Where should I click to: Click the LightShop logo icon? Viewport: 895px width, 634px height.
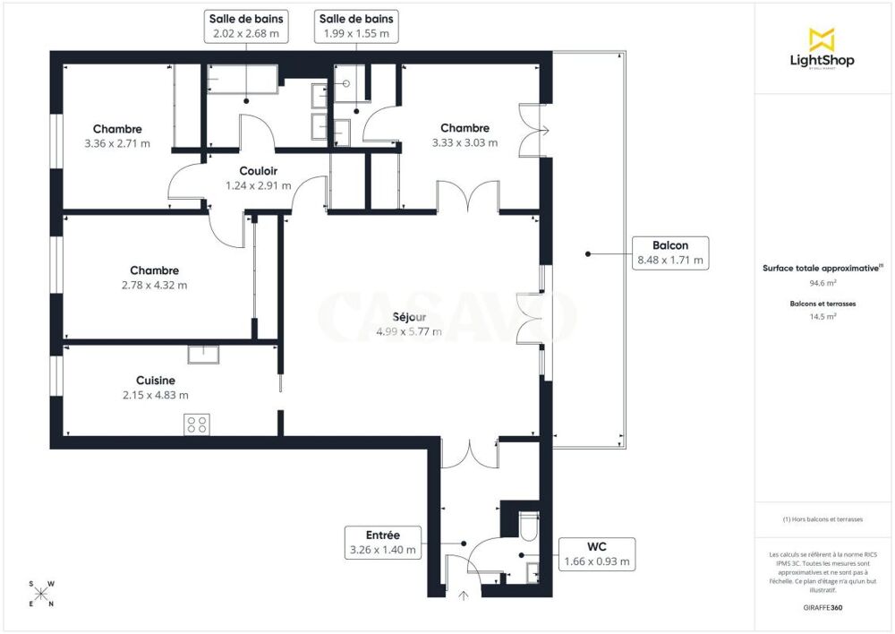[822, 39]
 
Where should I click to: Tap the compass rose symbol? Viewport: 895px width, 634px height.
[41, 593]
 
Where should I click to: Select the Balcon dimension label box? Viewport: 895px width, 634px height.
[669, 253]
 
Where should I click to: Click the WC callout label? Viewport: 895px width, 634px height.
[597, 554]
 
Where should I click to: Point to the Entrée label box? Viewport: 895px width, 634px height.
[382, 543]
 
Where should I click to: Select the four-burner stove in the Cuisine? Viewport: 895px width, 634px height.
[196, 424]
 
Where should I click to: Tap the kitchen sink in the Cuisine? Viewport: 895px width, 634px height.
[203, 355]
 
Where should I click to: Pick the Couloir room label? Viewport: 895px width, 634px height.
[258, 178]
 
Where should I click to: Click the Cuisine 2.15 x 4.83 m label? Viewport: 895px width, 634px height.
[155, 388]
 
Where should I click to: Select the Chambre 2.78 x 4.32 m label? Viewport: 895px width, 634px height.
[154, 278]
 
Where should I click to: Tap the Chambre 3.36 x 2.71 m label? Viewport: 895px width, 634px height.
[117, 136]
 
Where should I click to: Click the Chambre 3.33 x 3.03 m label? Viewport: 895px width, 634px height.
[465, 135]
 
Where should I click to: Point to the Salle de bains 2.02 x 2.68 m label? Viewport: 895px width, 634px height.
[243, 26]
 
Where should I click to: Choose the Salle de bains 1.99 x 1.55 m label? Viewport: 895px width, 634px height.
[357, 26]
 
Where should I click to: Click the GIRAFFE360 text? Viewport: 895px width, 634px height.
[823, 608]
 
